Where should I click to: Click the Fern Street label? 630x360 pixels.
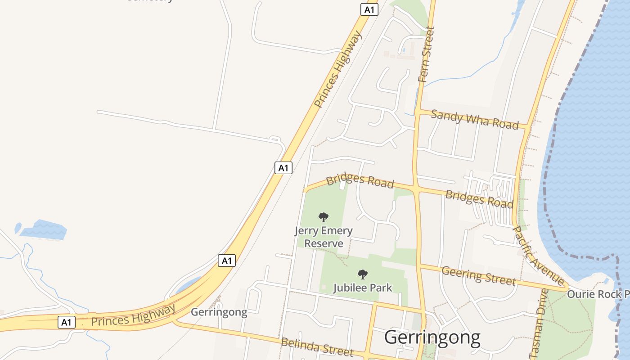[x=427, y=54]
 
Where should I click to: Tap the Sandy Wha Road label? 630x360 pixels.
[x=475, y=119]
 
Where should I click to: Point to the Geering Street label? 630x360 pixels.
[x=478, y=275]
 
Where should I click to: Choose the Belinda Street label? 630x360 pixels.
[x=317, y=347]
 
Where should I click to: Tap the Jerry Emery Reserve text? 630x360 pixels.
[x=324, y=237]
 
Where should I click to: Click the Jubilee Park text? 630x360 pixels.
[x=363, y=288]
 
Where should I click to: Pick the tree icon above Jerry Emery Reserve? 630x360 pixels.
[x=323, y=218]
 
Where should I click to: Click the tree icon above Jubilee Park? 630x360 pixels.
[x=362, y=274]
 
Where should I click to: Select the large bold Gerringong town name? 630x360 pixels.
[x=432, y=337]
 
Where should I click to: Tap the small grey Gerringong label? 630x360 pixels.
[x=219, y=312]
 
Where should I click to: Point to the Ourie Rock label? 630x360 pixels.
[x=598, y=294]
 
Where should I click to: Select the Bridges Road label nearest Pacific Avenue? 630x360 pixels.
[x=479, y=198]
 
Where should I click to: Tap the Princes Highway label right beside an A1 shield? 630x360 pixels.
[x=133, y=315]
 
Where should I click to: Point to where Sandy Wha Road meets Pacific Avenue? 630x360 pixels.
[x=526, y=127]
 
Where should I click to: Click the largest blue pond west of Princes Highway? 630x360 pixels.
[x=44, y=229]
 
